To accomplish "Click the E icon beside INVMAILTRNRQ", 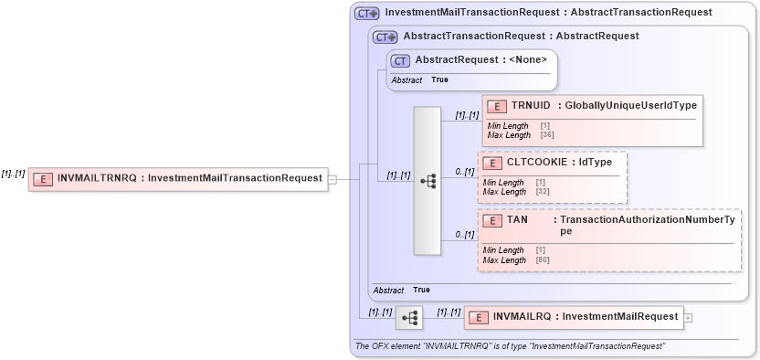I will point(42,178).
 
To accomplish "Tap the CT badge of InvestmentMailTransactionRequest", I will point(366,13).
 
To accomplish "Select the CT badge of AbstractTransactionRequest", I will point(385,37).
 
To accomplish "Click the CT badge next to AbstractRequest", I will point(400,60).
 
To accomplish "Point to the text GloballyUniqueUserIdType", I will point(630,106).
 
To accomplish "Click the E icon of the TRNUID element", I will point(497,106).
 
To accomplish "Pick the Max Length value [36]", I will point(547,135).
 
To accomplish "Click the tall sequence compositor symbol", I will point(427,181).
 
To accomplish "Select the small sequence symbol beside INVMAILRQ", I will point(409,318).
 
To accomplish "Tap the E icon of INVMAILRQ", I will point(479,317).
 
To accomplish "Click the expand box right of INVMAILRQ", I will point(688,317).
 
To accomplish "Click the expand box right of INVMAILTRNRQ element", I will point(332,179).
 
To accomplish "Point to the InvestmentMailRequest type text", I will point(620,317).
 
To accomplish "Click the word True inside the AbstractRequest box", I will point(439,80).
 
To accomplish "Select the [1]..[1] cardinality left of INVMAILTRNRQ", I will point(13,174).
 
